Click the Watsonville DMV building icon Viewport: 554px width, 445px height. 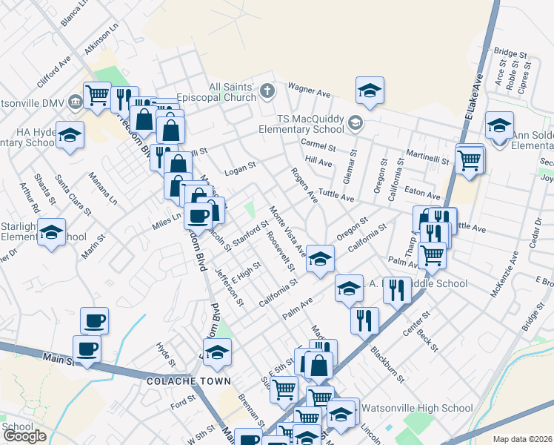coord(76,101)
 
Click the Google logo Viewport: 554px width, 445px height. coord(24,437)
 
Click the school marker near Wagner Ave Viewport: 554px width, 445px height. coord(370,90)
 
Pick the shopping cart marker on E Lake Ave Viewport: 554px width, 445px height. coord(469,158)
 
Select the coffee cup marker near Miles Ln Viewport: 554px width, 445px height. coord(198,216)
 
